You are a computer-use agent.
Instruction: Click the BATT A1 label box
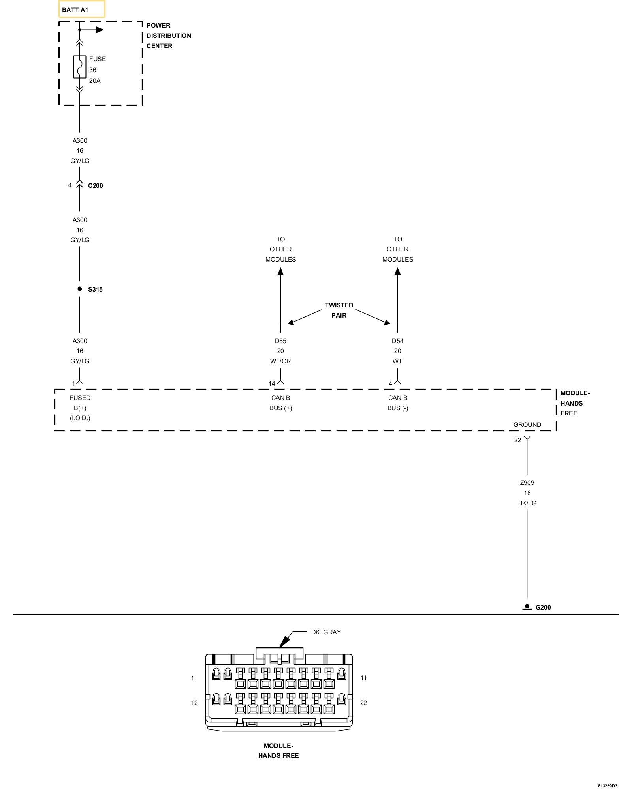pos(82,9)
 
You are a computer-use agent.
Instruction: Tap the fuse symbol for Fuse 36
pos(80,67)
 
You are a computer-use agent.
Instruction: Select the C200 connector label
pos(95,186)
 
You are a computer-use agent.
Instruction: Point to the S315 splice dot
pos(80,289)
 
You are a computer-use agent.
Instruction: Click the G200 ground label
pos(543,607)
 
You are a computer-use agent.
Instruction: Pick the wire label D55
pos(280,341)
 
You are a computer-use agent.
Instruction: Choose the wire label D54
pos(397,341)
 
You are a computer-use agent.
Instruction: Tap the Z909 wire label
pos(527,482)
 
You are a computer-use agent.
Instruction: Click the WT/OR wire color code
pos(280,361)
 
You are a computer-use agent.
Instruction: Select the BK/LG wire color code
pos(527,503)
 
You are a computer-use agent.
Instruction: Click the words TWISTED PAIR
pos(339,310)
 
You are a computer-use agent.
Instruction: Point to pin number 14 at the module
pos(272,383)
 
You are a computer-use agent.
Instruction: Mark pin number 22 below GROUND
pos(517,440)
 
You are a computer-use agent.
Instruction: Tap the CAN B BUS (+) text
pos(280,403)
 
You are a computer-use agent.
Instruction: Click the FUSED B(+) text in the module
pos(80,403)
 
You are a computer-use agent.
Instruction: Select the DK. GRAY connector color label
pos(326,632)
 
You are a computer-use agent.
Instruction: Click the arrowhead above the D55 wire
pos(280,271)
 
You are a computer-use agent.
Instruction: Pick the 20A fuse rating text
pos(95,80)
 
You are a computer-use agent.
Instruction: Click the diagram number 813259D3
pos(607,786)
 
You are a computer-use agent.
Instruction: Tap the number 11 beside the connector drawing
pos(363,678)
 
